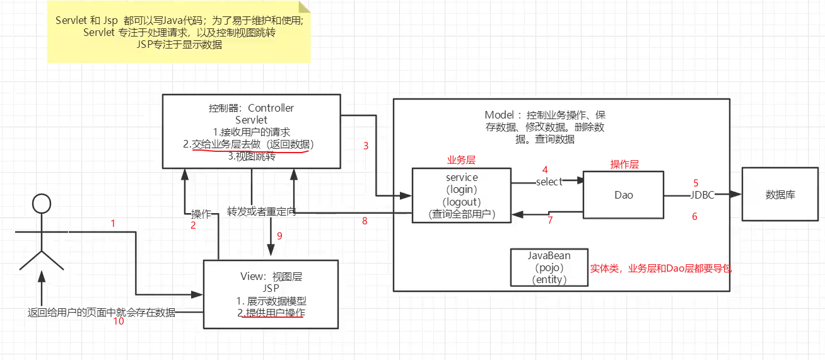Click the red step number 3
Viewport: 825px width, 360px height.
(x=366, y=146)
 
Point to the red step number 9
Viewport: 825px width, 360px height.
(x=279, y=236)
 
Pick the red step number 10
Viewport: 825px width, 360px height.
(x=119, y=322)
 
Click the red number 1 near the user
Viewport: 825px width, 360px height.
(x=113, y=223)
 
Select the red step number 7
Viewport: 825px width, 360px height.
(x=550, y=220)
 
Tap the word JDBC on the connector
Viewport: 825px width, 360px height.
(x=702, y=195)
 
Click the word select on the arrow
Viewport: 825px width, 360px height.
(x=549, y=182)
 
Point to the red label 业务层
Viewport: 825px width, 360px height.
(x=461, y=160)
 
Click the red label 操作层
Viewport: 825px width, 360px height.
(x=624, y=164)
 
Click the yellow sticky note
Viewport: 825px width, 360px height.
(x=179, y=32)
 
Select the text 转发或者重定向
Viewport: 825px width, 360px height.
(x=262, y=212)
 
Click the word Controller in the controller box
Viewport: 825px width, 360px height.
(x=271, y=108)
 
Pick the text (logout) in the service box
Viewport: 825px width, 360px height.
(x=462, y=202)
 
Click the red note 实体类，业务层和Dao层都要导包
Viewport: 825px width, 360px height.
(x=661, y=269)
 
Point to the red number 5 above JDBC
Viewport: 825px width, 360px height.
(x=696, y=183)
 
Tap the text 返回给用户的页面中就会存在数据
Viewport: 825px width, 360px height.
(x=102, y=313)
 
